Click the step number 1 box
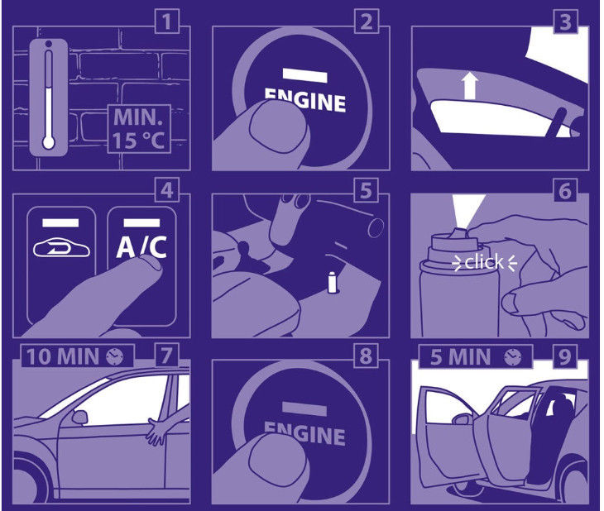pos(167,21)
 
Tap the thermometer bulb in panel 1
pos(49,143)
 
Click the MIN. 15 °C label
pos(139,129)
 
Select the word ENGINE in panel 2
pos(306,99)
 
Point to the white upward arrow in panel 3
pos(470,86)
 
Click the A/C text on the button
pos(141,247)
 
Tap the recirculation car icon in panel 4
pos(62,248)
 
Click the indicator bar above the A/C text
pos(141,222)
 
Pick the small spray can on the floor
pos(332,282)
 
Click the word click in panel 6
pos(484,262)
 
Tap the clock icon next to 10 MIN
pos(115,356)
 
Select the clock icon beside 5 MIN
pos(513,357)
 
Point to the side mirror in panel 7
pos(80,417)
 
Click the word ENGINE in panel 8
pos(304,433)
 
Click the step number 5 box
pos(367,190)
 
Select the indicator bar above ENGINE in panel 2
pos(304,74)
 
